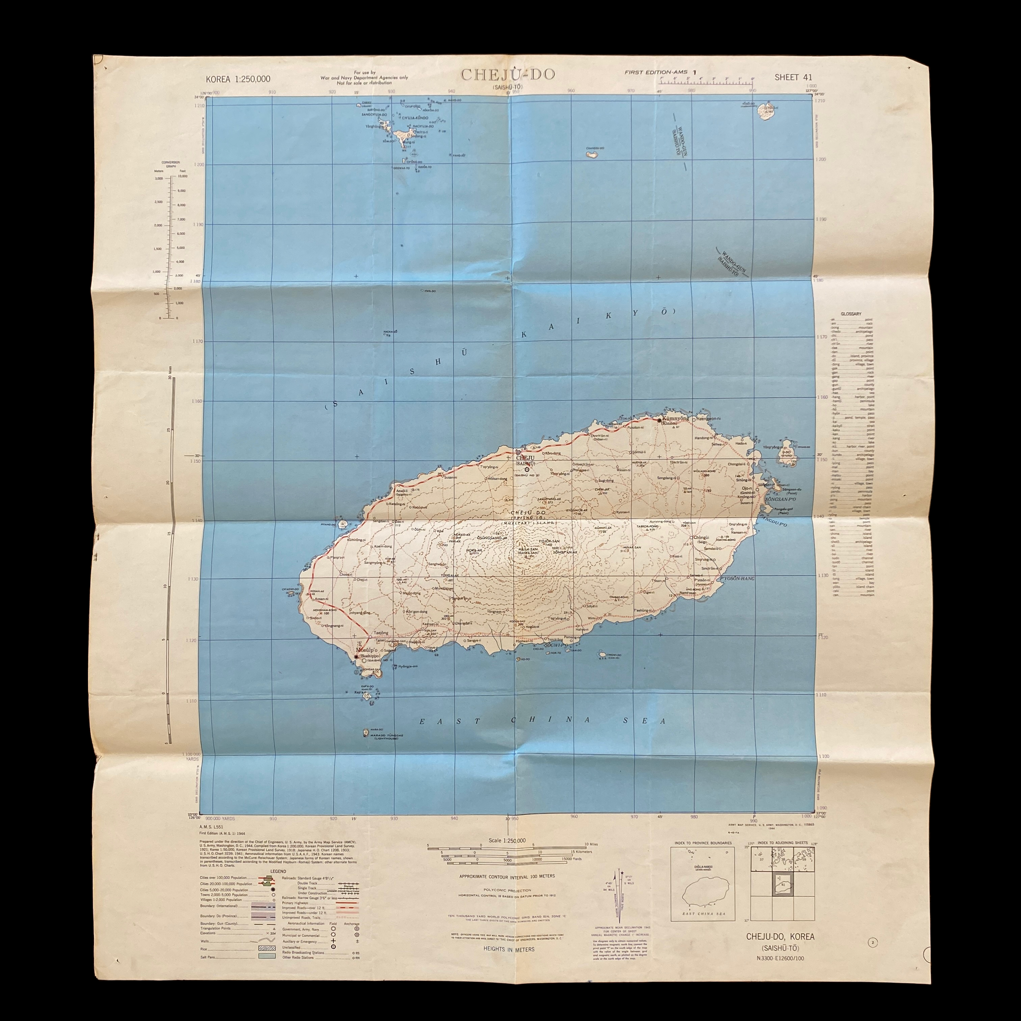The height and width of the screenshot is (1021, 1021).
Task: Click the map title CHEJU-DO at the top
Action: point(508,74)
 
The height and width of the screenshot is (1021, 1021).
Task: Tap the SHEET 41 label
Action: point(793,77)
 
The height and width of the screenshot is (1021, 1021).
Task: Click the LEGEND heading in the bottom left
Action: point(278,872)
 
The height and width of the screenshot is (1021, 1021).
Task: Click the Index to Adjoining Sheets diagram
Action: point(782,884)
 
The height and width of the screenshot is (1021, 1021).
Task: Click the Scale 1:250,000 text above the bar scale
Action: point(507,840)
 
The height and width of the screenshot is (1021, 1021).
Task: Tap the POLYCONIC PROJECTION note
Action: point(507,890)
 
